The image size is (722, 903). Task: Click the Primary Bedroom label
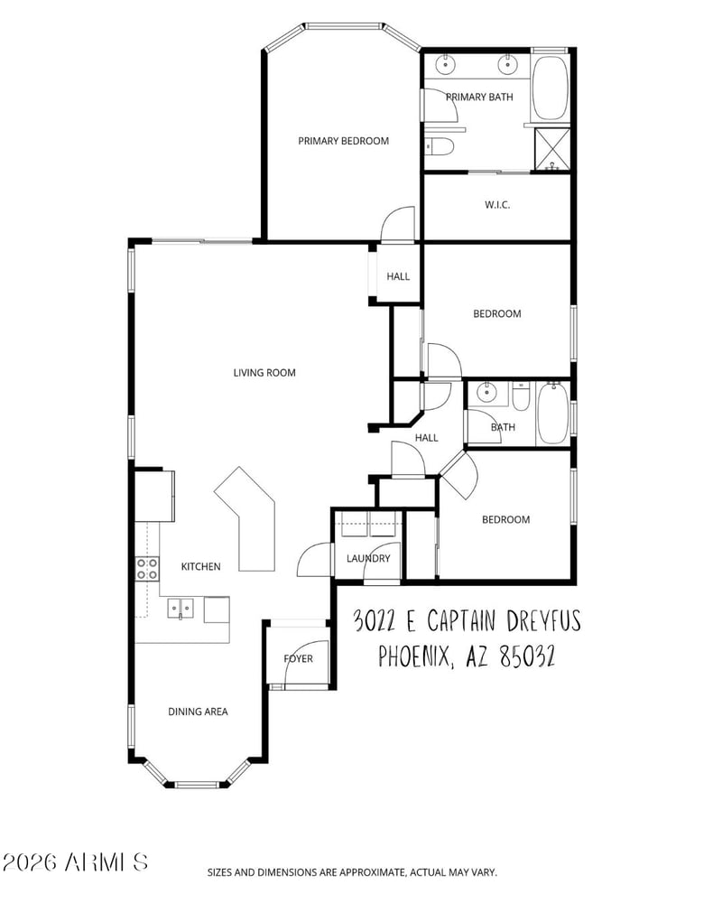[343, 141]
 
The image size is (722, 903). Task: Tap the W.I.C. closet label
[497, 204]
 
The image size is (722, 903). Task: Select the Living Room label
[264, 373]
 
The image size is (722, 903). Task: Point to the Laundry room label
[368, 558]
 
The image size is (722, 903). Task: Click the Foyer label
[298, 658]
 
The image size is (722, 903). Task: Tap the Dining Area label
[198, 712]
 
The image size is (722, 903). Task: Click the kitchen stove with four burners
[147, 568]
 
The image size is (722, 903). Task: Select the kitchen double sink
[180, 608]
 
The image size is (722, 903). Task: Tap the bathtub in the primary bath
[550, 88]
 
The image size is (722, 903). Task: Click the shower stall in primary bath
[552, 149]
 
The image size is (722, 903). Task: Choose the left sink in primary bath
[445, 64]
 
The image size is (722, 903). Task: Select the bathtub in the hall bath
[552, 413]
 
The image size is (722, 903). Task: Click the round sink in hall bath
[487, 393]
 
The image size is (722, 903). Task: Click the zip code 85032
[527, 656]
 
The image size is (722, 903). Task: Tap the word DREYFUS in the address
[543, 621]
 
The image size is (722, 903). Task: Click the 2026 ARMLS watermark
[76, 862]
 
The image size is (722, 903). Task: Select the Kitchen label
[201, 567]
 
